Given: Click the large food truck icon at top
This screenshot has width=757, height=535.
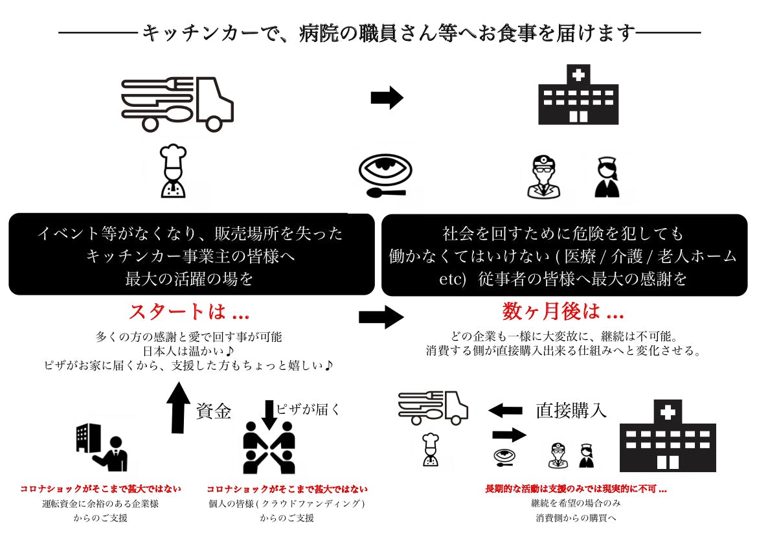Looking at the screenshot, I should click(177, 103).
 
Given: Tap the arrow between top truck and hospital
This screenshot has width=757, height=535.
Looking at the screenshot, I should click(387, 98).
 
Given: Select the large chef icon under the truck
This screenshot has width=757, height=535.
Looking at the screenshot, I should click(173, 171).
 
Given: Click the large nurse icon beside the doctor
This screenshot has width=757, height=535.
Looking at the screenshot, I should click(607, 177).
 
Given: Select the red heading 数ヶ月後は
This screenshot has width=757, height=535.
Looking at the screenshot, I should click(563, 312).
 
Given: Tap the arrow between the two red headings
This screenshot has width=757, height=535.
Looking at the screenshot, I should click(381, 317).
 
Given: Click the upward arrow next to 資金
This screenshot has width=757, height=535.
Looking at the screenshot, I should click(178, 407).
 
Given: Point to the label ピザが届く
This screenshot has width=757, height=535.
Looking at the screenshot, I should click(308, 409).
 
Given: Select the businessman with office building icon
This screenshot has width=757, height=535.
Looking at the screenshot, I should click(102, 448).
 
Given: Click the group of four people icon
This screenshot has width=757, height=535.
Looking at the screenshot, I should click(269, 447).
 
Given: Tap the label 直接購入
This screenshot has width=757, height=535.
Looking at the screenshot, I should click(571, 411).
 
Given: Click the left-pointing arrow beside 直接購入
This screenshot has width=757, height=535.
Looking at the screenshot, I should click(505, 410).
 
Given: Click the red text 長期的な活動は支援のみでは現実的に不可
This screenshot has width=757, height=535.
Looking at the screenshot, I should click(576, 489).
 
